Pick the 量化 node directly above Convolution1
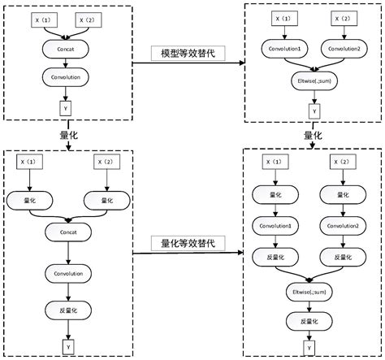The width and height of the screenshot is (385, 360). (x=275, y=193)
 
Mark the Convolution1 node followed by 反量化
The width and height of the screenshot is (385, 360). (x=275, y=224)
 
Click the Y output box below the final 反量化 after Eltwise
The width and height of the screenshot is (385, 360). (x=308, y=348)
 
